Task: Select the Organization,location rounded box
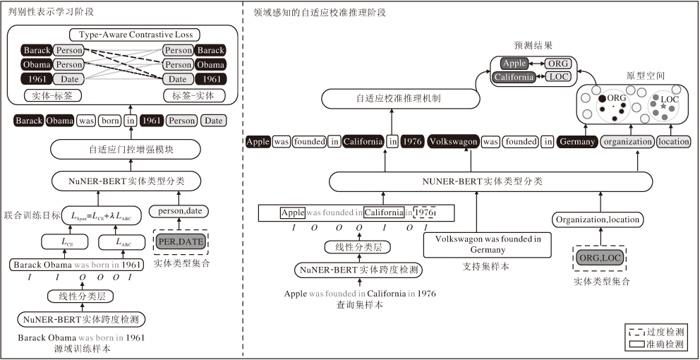click(598, 220)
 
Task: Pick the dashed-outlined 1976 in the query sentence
click(424, 212)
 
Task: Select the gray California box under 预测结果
click(513, 77)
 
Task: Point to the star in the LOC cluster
click(663, 106)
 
